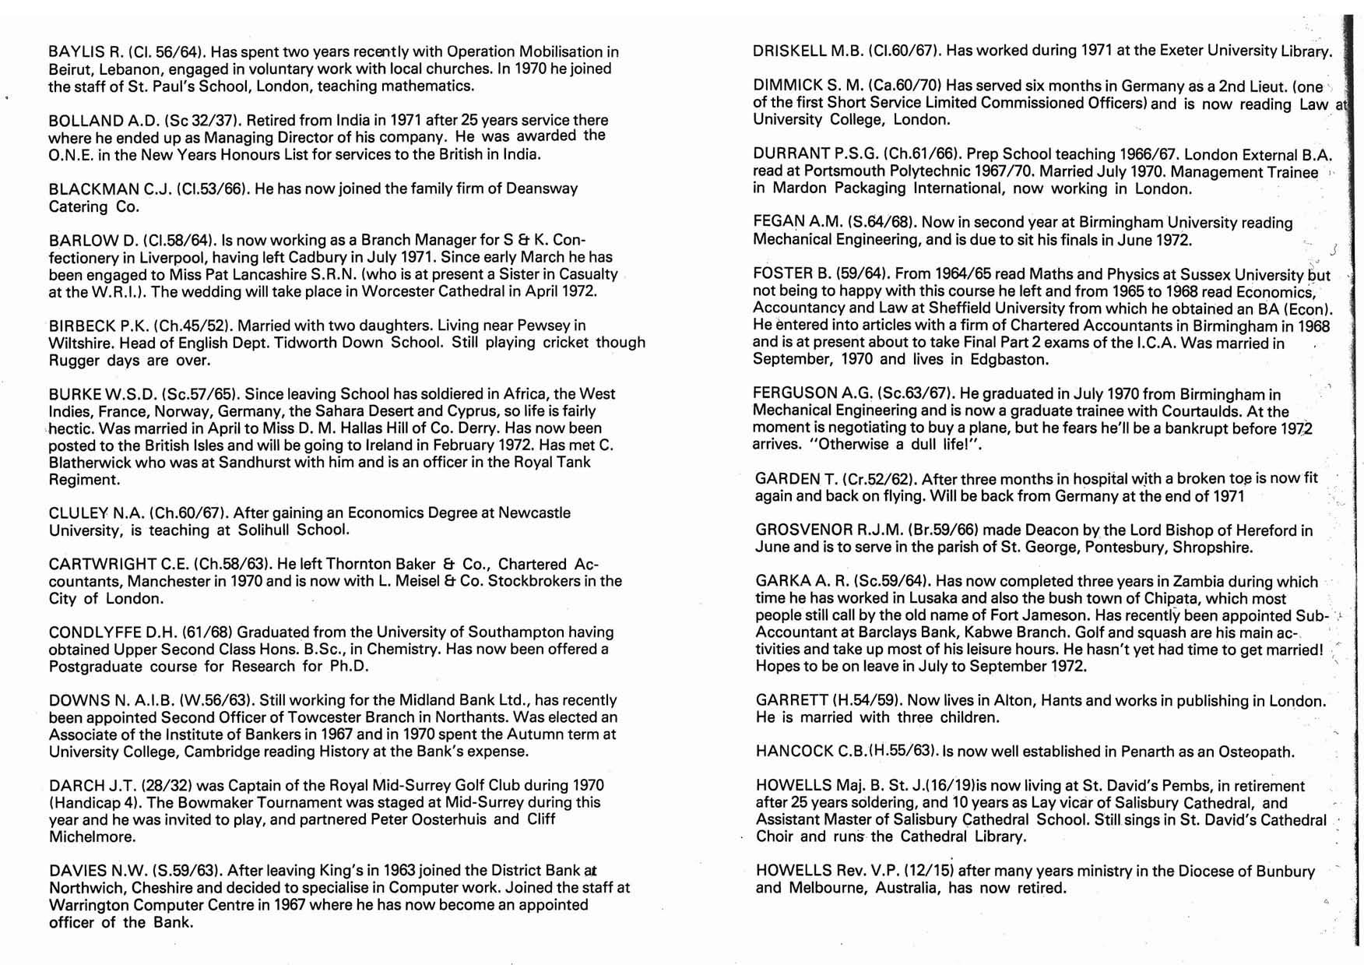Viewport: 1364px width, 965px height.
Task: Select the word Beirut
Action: pos(71,69)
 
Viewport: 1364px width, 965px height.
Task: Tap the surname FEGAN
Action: pos(780,223)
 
